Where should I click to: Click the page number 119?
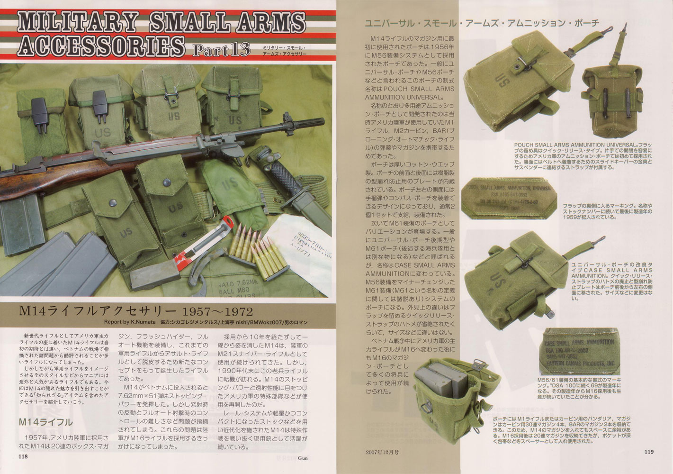(x=649, y=452)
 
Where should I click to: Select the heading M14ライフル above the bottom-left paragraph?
(x=45, y=422)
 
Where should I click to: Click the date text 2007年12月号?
(x=382, y=452)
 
